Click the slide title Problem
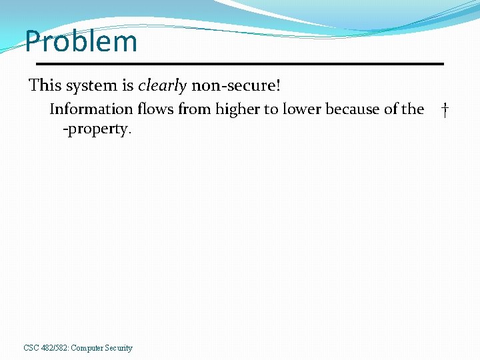[x=81, y=42]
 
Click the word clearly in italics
[x=162, y=85]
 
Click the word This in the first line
[x=45, y=85]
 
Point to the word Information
[x=91, y=109]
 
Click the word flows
[x=156, y=109]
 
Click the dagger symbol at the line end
[x=445, y=109]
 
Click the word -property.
[x=97, y=129]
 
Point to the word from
[x=193, y=109]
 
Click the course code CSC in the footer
[x=31, y=348]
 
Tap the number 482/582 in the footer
[x=54, y=348]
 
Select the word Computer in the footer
[x=87, y=348]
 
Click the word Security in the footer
[x=119, y=348]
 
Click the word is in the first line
[x=128, y=85]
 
